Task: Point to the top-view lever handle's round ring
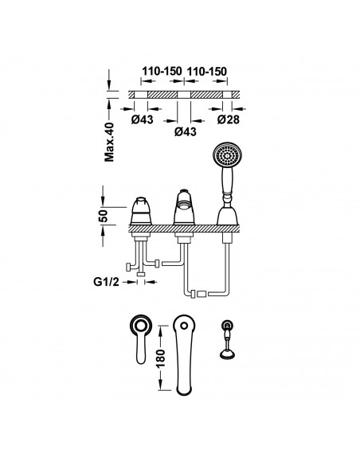pyautogui.click(x=139, y=325)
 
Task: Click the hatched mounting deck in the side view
pyautogui.click(x=183, y=230)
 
